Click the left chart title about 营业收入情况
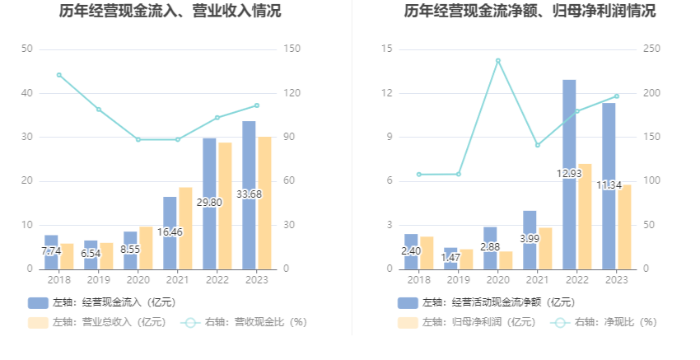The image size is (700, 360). click(x=170, y=12)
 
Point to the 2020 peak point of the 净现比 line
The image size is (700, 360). click(x=498, y=60)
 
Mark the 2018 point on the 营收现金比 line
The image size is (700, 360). click(x=59, y=75)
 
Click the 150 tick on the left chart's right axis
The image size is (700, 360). click(x=291, y=49)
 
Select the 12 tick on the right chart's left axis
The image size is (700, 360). click(x=387, y=93)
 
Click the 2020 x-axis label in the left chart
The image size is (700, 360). click(x=138, y=280)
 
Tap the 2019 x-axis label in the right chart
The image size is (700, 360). click(x=459, y=280)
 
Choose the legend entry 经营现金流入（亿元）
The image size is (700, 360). click(x=103, y=302)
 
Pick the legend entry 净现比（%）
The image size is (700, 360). click(x=605, y=322)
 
